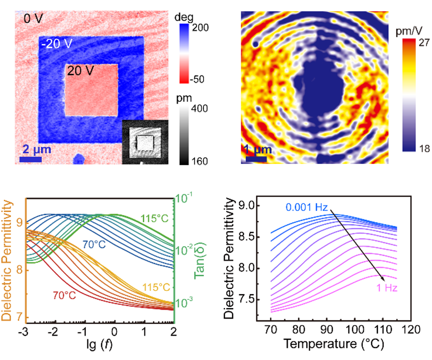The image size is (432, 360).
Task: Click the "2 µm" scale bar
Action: pyautogui.click(x=30, y=159)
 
